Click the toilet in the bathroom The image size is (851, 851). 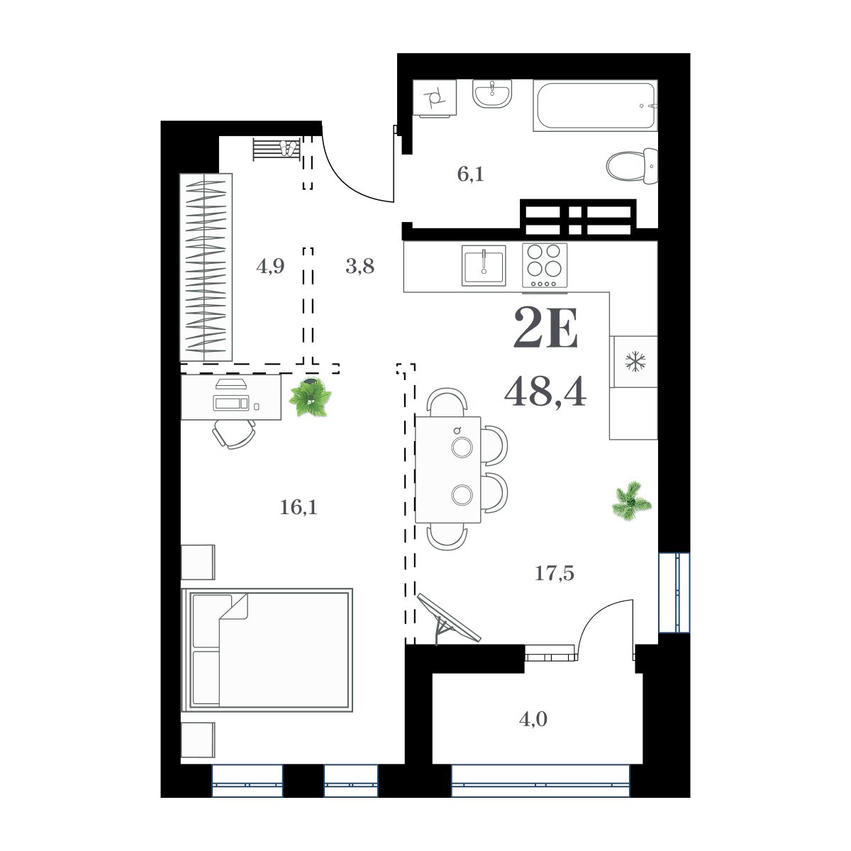633,167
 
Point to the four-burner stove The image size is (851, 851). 545,266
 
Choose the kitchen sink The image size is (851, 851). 483,265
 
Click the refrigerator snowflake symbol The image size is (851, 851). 633,362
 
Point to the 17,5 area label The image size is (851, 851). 554,572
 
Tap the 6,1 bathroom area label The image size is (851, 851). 470,174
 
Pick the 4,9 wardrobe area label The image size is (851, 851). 270,267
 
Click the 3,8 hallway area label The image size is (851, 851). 360,267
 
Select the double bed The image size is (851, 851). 267,649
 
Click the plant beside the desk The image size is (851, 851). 310,397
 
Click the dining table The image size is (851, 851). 447,469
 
